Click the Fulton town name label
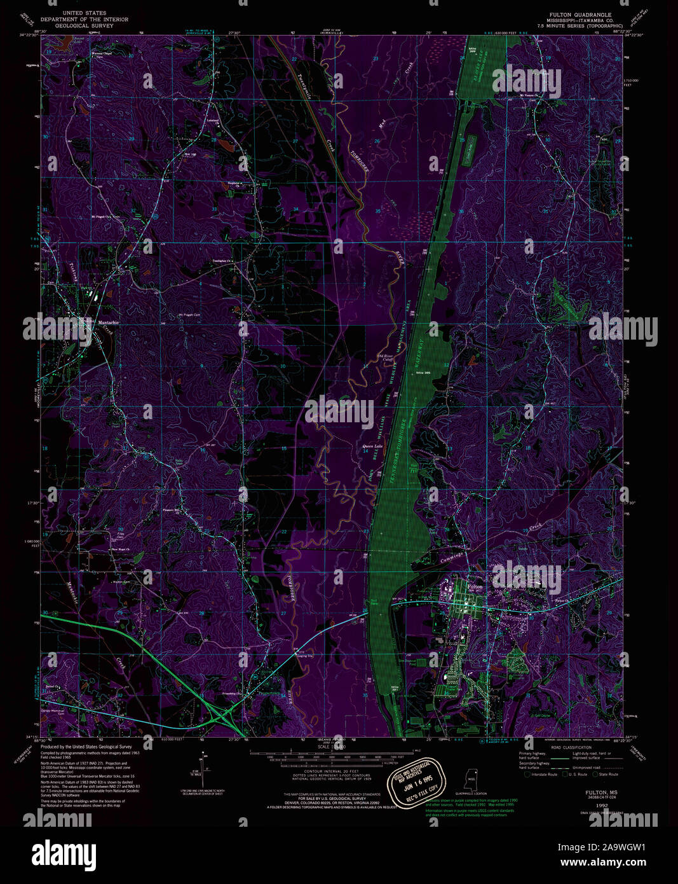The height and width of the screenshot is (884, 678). (x=475, y=586)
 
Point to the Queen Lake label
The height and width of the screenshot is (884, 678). (x=372, y=446)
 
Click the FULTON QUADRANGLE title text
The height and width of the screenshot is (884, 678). (x=581, y=13)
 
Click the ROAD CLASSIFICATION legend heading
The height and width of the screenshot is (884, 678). (x=567, y=747)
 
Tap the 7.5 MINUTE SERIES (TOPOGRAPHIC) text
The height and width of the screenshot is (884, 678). (x=581, y=25)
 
